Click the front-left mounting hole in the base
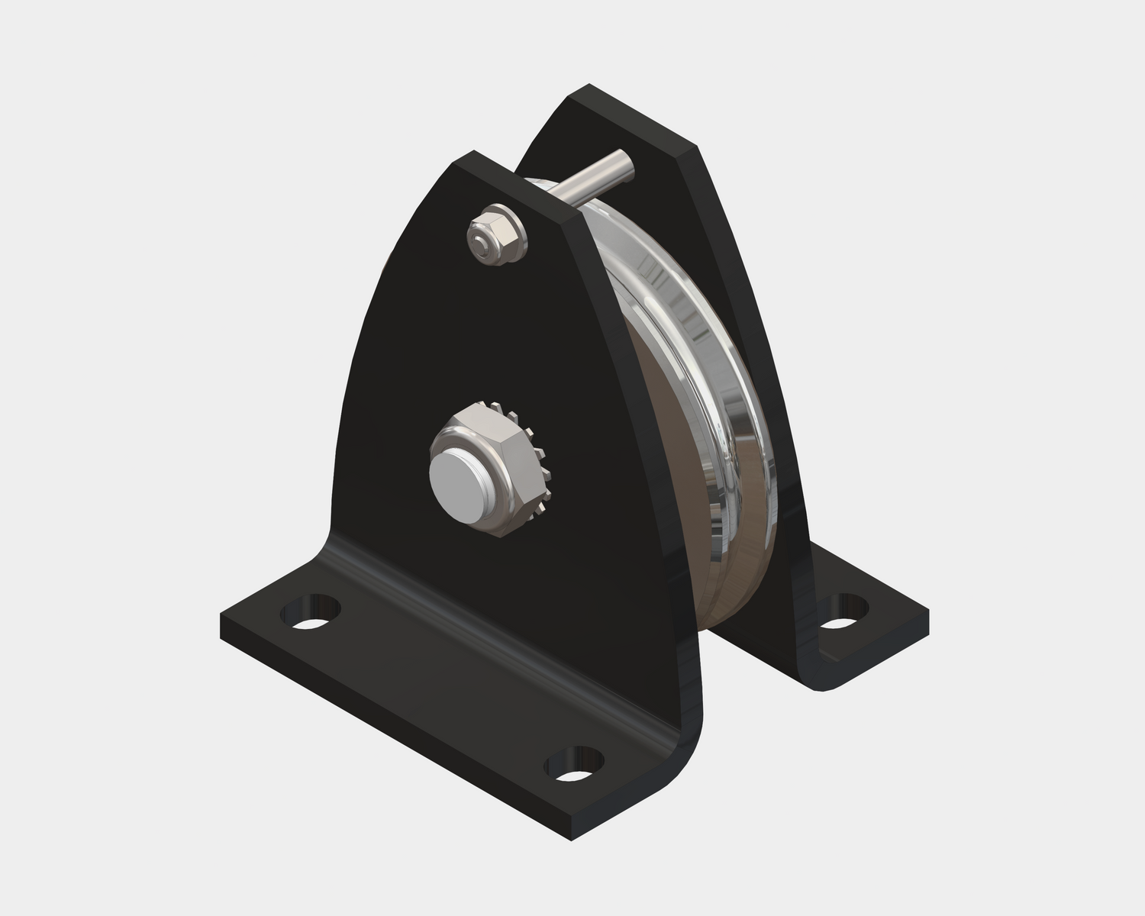click(310, 613)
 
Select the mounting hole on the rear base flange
click(843, 614)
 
